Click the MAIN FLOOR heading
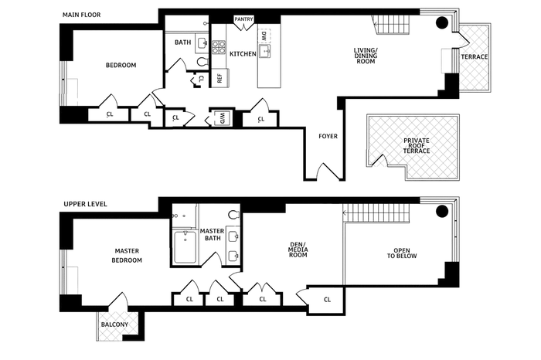point(81,15)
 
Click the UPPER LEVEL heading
point(84,204)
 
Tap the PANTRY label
point(244,19)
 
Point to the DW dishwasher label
point(264,36)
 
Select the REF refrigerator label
point(219,77)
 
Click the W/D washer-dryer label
point(222,117)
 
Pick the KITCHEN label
point(243,53)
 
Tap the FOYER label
point(328,136)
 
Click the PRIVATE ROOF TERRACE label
point(416,145)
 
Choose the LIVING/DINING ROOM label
point(366,56)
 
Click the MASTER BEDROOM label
point(127,256)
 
